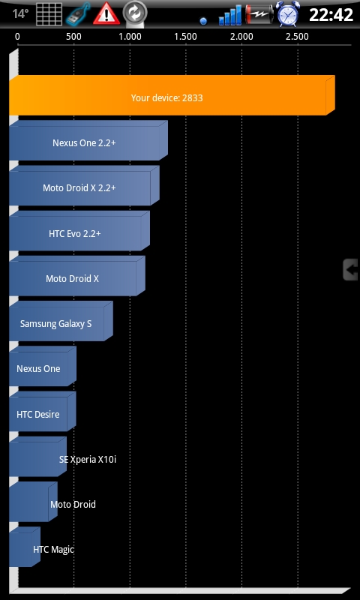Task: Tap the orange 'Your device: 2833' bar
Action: coord(172,96)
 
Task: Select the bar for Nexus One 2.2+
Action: coord(88,141)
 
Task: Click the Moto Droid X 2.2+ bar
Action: coord(84,186)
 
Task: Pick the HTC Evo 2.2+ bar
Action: coord(79,231)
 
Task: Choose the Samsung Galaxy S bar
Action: coord(61,322)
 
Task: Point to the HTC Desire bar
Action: coord(43,412)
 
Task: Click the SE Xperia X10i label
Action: coord(88,459)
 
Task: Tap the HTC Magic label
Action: coord(53,550)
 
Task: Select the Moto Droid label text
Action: coord(73,504)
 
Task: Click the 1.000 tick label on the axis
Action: coord(130,37)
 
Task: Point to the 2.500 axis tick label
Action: coord(297,37)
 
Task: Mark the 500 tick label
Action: coord(73,37)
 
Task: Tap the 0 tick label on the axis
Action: coord(17,37)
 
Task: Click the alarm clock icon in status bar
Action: coord(288,14)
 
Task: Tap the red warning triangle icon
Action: coord(106,14)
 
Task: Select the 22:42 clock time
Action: coord(331,15)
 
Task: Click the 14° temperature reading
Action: coord(20,14)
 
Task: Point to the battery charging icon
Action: coord(259,14)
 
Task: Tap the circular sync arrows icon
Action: coord(135,13)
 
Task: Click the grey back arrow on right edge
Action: coord(350,270)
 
